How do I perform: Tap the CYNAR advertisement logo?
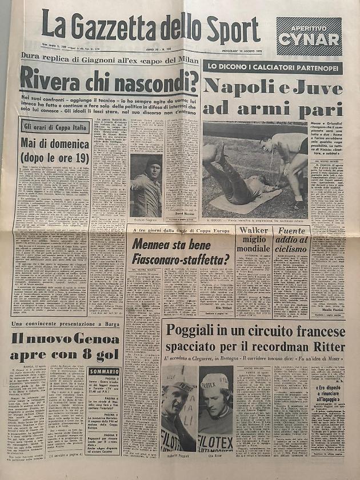(309, 40)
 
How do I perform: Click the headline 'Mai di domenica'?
(54, 143)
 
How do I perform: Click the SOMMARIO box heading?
(105, 371)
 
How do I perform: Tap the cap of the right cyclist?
(213, 379)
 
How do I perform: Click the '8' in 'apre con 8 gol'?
(89, 355)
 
